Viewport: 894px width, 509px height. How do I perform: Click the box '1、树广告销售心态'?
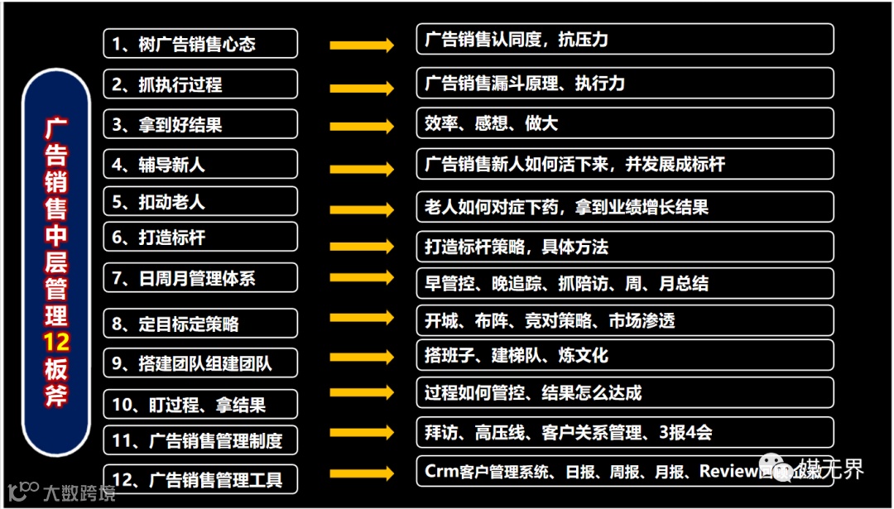pyautogui.click(x=200, y=44)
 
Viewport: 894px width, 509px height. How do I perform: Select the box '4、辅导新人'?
pyautogui.click(x=200, y=165)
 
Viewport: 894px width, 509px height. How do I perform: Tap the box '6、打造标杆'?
pyautogui.click(x=200, y=238)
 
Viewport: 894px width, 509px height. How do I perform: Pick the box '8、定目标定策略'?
pyautogui.click(x=200, y=323)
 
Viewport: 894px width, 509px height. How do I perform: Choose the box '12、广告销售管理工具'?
pyautogui.click(x=200, y=479)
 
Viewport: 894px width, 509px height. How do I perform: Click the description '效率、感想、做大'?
pyautogui.click(x=624, y=123)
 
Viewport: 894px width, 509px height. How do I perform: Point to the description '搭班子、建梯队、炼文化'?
pyautogui.click(x=624, y=355)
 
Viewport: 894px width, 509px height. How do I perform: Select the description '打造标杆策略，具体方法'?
pyautogui.click(x=624, y=247)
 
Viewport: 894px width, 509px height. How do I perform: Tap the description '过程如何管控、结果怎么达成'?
pyautogui.click(x=624, y=392)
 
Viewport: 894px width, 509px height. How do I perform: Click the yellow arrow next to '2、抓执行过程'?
pyautogui.click(x=362, y=86)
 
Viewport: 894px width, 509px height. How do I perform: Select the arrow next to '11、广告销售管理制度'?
pyautogui.click(x=362, y=432)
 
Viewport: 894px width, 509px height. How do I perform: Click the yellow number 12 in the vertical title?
pyautogui.click(x=56, y=343)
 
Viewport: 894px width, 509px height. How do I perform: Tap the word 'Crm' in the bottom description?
pyautogui.click(x=441, y=471)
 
